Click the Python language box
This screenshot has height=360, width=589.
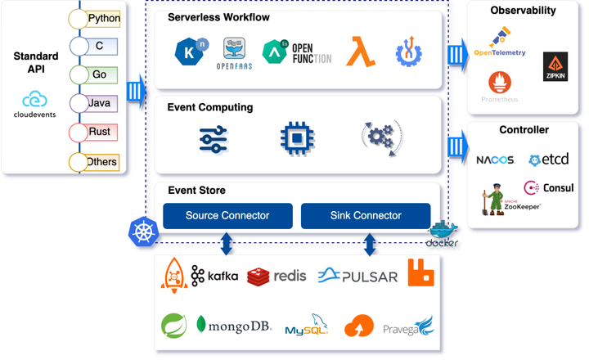click(103, 18)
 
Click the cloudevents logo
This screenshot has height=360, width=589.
click(34, 105)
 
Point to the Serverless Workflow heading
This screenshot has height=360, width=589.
click(218, 17)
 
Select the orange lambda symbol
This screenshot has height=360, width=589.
click(360, 51)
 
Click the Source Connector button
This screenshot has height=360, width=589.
click(227, 216)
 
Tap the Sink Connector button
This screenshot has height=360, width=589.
click(366, 216)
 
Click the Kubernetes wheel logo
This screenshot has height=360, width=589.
click(142, 231)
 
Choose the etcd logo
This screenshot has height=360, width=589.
click(546, 160)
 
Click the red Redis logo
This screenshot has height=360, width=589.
click(277, 276)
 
